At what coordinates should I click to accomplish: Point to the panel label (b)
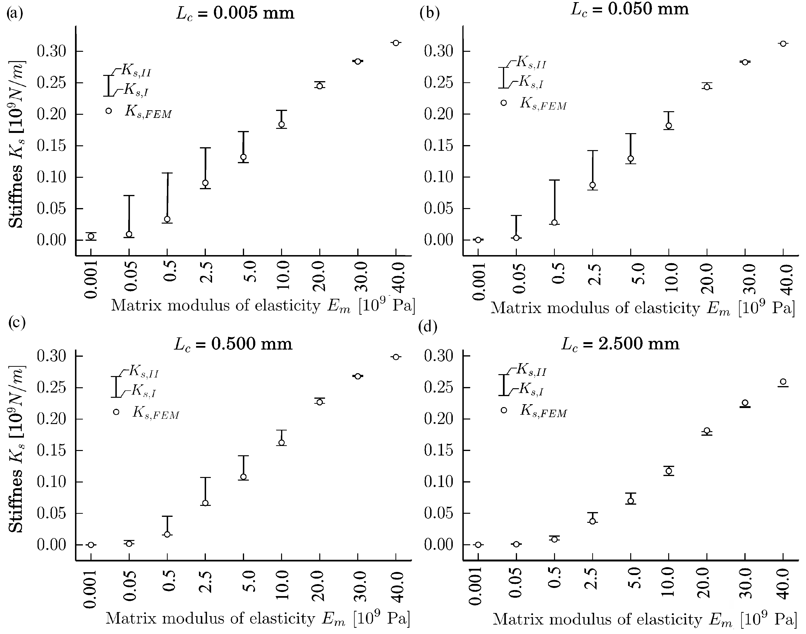(429, 13)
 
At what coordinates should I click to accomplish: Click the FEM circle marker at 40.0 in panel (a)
(396, 43)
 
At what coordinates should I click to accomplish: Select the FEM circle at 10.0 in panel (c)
(282, 442)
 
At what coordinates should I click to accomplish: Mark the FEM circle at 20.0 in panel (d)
(707, 431)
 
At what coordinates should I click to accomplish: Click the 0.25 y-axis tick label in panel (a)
(52, 83)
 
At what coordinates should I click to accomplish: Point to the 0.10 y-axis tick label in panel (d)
(439, 482)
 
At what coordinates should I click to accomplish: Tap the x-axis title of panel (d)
(644, 619)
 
